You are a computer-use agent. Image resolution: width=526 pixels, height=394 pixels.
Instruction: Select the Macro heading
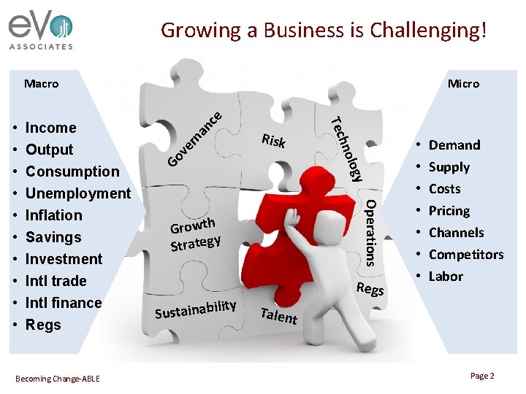coord(41,83)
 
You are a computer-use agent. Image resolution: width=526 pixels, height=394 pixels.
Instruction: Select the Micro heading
coord(463,83)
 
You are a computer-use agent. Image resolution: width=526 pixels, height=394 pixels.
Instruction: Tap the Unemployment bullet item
coord(77,193)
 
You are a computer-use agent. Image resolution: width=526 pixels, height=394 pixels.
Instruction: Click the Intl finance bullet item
coord(64,303)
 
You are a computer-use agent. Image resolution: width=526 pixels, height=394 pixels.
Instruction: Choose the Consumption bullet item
coord(72,171)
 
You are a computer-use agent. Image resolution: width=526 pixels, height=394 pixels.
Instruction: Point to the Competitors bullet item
coord(466,255)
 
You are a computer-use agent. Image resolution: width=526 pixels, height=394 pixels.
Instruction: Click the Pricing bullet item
coord(449,211)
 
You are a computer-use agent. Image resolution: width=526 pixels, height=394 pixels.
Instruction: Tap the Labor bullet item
coord(446,277)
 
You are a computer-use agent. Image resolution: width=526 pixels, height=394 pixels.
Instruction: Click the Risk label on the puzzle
coord(273,141)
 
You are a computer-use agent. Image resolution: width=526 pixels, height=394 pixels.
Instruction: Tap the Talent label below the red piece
coord(278,315)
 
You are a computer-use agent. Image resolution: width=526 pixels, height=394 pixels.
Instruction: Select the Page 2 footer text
coord(482,376)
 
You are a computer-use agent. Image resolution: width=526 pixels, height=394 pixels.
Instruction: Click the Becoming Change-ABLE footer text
coord(58,378)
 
